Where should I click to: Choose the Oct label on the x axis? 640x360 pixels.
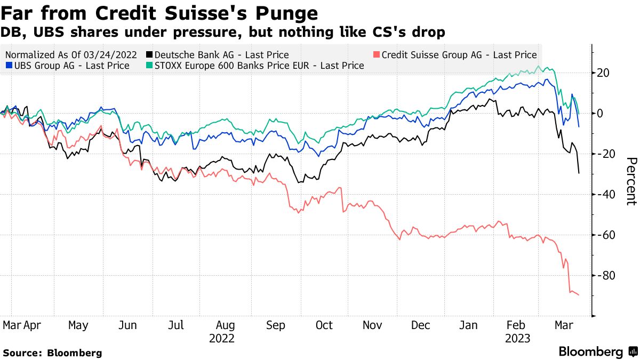[324, 325]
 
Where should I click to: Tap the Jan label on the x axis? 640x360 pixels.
[469, 325]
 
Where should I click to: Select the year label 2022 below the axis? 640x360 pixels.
[221, 338]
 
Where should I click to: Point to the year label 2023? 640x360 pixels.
[518, 338]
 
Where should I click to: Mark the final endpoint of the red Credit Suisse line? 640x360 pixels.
[579, 295]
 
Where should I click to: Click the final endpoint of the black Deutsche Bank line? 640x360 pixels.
[579, 173]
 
